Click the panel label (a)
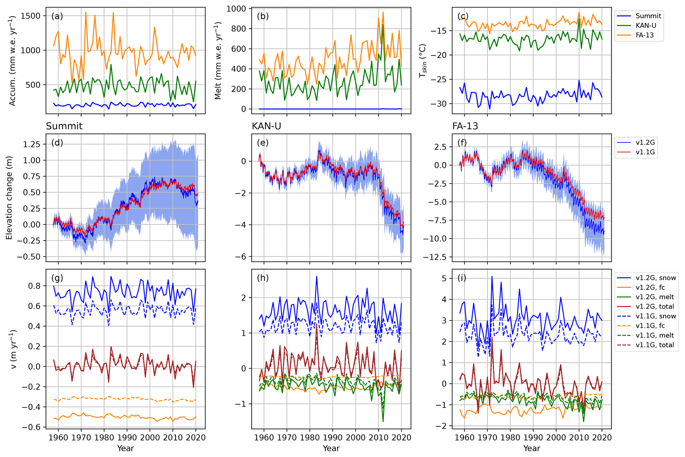pos(57,16)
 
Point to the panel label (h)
pos(263,278)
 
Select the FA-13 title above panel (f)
pos(465,126)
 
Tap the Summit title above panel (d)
pos(64,126)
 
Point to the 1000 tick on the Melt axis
pos(237,9)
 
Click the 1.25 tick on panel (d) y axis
pos(32,144)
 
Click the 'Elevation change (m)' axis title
pos(9,198)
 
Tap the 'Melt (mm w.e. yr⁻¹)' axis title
pos(218,61)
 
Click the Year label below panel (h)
pos(331,448)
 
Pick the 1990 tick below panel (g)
pos(127,437)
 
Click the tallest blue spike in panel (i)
pos(492,276)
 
